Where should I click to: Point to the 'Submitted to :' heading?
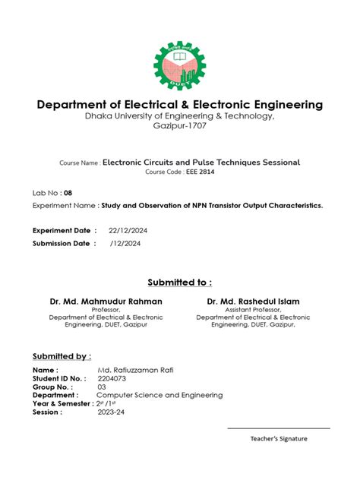[x=179, y=283]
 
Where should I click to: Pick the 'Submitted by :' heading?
[x=62, y=355]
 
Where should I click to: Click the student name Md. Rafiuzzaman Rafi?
[x=130, y=368]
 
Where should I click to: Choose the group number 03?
[x=102, y=387]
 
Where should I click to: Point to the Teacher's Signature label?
[x=279, y=439]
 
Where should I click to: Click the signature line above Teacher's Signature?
[x=279, y=428]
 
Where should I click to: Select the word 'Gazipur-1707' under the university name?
[x=179, y=125]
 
